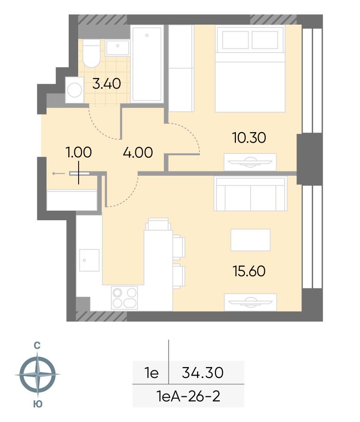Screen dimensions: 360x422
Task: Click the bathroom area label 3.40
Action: tap(107, 83)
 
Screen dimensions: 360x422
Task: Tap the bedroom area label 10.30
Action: tap(249, 137)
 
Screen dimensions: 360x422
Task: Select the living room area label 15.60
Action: tap(249, 271)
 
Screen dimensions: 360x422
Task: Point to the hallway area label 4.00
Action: tap(138, 153)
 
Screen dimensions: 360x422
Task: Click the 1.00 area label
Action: tap(79, 153)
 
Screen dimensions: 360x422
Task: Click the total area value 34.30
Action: tap(203, 373)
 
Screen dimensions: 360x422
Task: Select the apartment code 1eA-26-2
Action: tap(188, 396)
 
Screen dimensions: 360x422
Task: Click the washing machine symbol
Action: tap(74, 90)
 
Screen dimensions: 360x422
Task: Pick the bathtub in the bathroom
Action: tap(147, 63)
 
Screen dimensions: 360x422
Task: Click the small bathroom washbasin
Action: tap(117, 48)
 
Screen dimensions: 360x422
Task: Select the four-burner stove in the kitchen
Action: tap(125, 297)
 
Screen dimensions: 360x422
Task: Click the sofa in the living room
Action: tap(251, 193)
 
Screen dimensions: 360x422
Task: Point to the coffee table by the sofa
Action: tap(251, 240)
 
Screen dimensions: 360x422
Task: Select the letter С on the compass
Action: tap(37, 346)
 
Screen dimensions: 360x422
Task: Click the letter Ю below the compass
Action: tap(38, 404)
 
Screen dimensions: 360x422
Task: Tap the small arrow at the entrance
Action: tap(58, 174)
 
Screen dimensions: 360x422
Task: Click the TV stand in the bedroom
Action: tap(250, 162)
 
